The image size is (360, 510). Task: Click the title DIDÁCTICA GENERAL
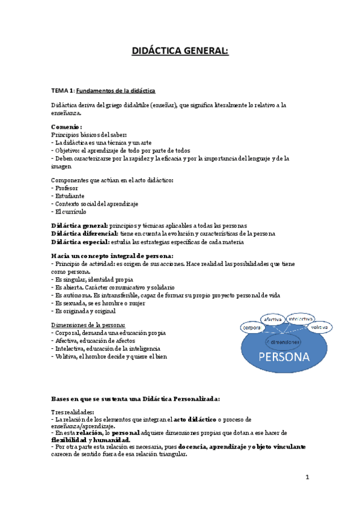pos(180,51)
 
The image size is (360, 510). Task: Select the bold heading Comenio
pos(66,127)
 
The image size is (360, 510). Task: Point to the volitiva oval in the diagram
pos(320,327)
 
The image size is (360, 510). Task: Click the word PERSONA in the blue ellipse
pos(284,357)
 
